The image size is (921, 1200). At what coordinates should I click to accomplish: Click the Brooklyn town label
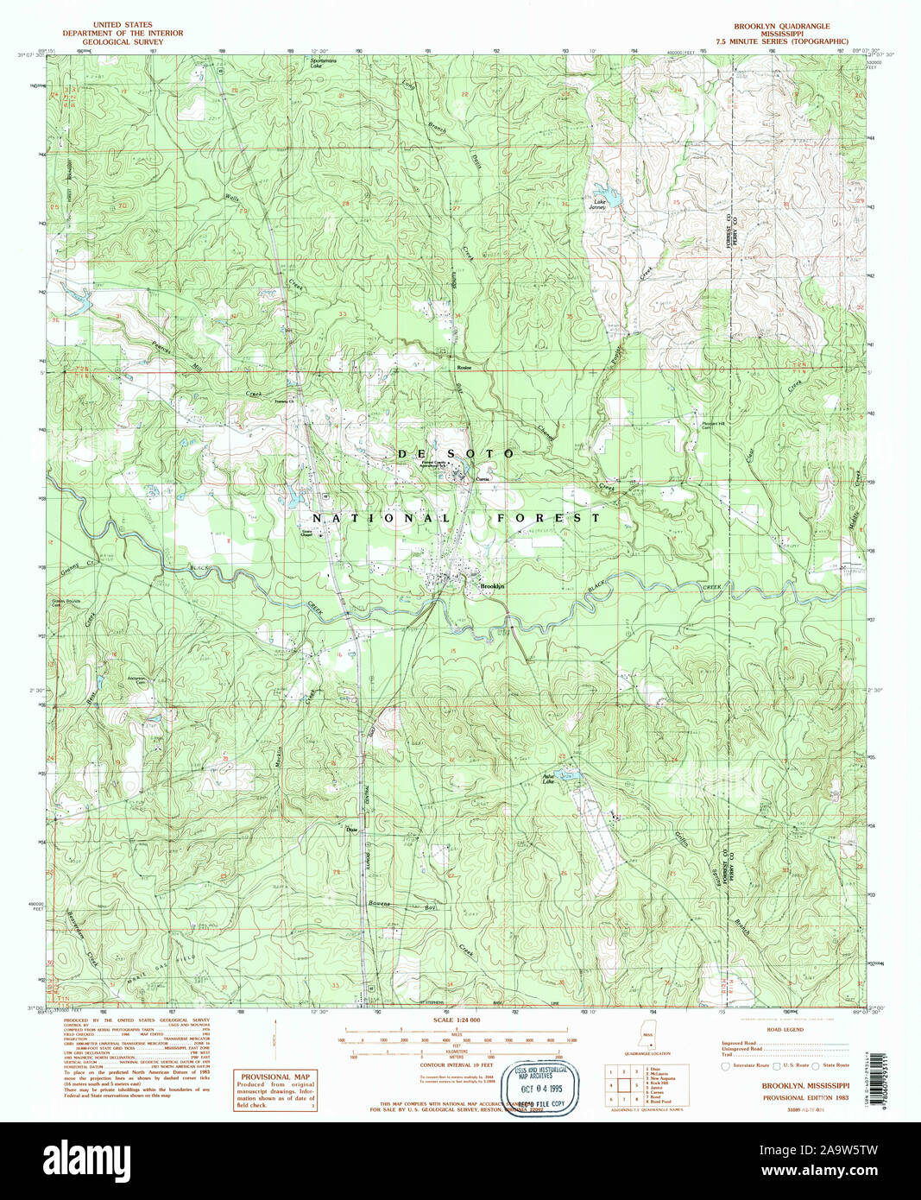pyautogui.click(x=491, y=587)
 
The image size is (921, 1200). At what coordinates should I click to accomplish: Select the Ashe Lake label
pyautogui.click(x=547, y=779)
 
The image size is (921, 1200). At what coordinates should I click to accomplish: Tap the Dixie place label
pyautogui.click(x=351, y=831)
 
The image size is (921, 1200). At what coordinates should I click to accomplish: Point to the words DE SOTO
pyautogui.click(x=455, y=453)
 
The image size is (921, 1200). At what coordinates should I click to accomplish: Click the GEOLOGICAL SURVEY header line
pyautogui.click(x=123, y=41)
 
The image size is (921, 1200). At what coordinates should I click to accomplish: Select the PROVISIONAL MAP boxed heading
pyautogui.click(x=275, y=1077)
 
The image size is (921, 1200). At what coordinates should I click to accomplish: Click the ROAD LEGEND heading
pyautogui.click(x=785, y=1030)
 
